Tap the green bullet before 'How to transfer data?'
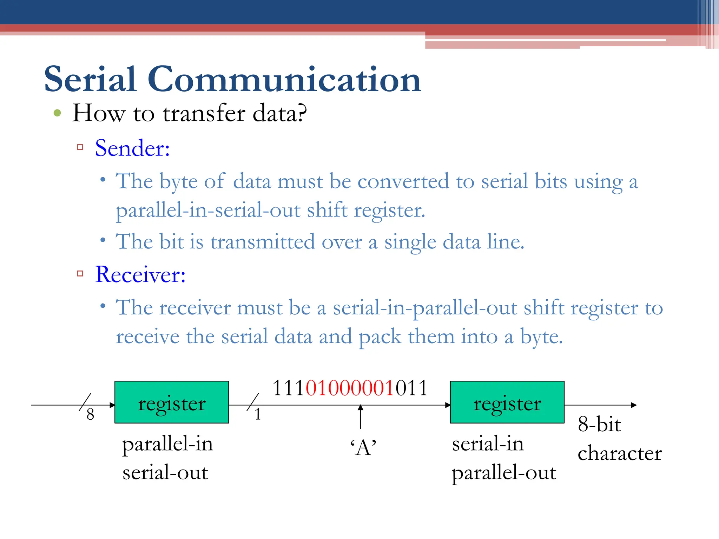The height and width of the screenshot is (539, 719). pyautogui.click(x=57, y=113)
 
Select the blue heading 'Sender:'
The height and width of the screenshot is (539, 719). pyautogui.click(x=132, y=148)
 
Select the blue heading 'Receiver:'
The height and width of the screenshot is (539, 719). pyautogui.click(x=140, y=274)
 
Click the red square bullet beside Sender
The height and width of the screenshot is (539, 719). pyautogui.click(x=80, y=147)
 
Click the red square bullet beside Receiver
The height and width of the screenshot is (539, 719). pyautogui.click(x=80, y=274)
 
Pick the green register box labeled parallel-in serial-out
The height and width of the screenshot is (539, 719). pyautogui.click(x=172, y=402)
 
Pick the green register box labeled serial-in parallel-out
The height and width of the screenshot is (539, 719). pyautogui.click(x=507, y=402)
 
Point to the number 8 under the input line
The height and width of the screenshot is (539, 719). pyautogui.click(x=90, y=414)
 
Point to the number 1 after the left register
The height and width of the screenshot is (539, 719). pyautogui.click(x=258, y=414)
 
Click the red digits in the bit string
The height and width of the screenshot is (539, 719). pyautogui.click(x=350, y=388)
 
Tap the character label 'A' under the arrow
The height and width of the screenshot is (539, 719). pyautogui.click(x=363, y=448)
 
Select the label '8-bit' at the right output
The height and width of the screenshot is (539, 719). pyautogui.click(x=599, y=424)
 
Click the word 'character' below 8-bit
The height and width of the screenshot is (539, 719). pyautogui.click(x=620, y=453)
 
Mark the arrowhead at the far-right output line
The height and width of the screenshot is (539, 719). pyautogui.click(x=634, y=405)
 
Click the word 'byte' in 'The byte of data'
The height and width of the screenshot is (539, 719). pyautogui.click(x=178, y=182)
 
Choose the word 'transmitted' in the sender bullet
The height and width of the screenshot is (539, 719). pyautogui.click(x=263, y=242)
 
